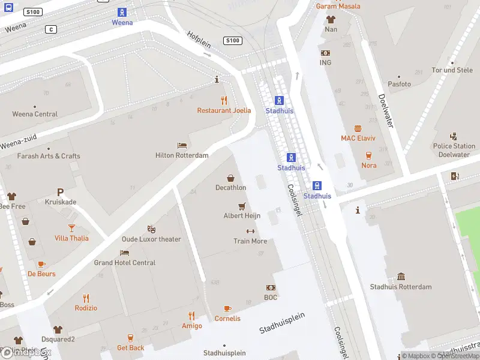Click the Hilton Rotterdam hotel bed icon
[x=182, y=145]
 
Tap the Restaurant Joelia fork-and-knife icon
[x=224, y=100]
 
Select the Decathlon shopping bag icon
[x=230, y=178]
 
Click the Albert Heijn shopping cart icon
[x=242, y=206]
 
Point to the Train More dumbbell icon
[x=250, y=231]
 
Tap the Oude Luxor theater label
[x=152, y=239]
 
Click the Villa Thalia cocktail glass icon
[x=71, y=228]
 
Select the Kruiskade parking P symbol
[x=60, y=192]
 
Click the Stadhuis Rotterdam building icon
[x=401, y=277]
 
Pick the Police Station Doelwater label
[x=454, y=150]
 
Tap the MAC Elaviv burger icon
[x=358, y=128]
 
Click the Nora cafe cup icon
[x=368, y=155]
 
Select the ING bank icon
[x=325, y=53]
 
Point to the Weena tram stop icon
[x=122, y=12]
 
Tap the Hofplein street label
[x=199, y=43]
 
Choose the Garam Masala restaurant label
[x=338, y=6]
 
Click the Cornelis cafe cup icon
[x=227, y=308]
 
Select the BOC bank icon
[x=271, y=287]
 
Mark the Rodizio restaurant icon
[x=86, y=298]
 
